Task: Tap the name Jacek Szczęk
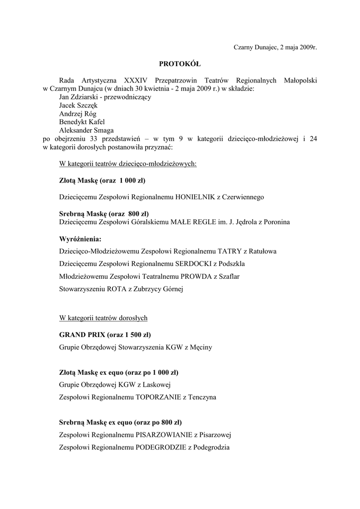(78, 105)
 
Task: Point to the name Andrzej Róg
(78, 114)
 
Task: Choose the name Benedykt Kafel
(82, 122)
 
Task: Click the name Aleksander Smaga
(86, 131)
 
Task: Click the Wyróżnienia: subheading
(80, 239)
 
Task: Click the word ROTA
(115, 289)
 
